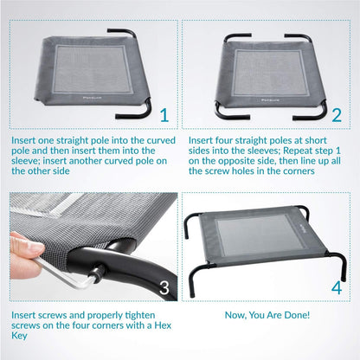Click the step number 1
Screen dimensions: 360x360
(x=164, y=115)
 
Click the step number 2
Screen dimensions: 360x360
(x=337, y=115)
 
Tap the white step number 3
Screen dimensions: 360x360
(x=164, y=288)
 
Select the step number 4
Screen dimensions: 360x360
(x=337, y=287)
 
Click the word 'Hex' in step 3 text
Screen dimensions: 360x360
(x=163, y=325)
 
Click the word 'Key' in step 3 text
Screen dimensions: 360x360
(x=19, y=336)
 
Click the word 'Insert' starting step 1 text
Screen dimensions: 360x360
(x=24, y=140)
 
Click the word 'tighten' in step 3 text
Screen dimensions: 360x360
(x=140, y=315)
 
